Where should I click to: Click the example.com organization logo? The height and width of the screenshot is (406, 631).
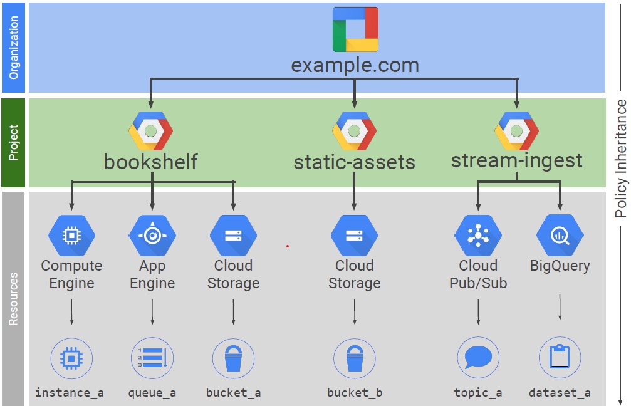click(x=355, y=29)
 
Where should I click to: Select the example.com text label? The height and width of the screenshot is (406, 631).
click(x=355, y=65)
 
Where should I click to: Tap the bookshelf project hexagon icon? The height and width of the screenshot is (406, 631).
click(x=150, y=130)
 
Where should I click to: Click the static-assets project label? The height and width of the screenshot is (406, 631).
click(x=354, y=162)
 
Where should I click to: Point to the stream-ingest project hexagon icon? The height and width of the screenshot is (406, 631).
click(x=516, y=130)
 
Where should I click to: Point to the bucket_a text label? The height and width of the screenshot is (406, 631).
click(x=233, y=393)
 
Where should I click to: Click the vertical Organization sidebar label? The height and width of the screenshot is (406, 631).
click(x=14, y=47)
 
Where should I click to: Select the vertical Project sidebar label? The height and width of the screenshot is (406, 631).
click(x=14, y=142)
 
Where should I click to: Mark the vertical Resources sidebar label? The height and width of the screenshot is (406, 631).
click(x=14, y=299)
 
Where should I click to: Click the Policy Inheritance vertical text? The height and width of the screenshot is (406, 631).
click(x=620, y=159)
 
